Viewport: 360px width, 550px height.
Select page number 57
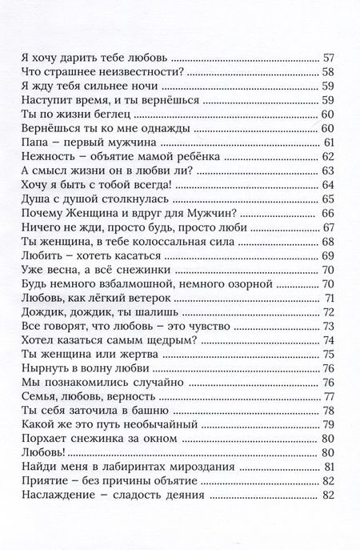pyautogui.click(x=327, y=58)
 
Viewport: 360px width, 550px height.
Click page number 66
pyautogui.click(x=327, y=213)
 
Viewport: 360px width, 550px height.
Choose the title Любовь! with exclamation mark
pyautogui.click(x=39, y=452)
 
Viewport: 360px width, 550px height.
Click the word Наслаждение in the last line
pyautogui.click(x=55, y=496)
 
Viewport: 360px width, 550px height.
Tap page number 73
pyautogui.click(x=327, y=326)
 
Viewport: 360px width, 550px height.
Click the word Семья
pyautogui.click(x=36, y=396)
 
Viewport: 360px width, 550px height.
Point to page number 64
pyautogui.click(x=327, y=186)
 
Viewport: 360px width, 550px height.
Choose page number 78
pyautogui.click(x=327, y=411)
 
